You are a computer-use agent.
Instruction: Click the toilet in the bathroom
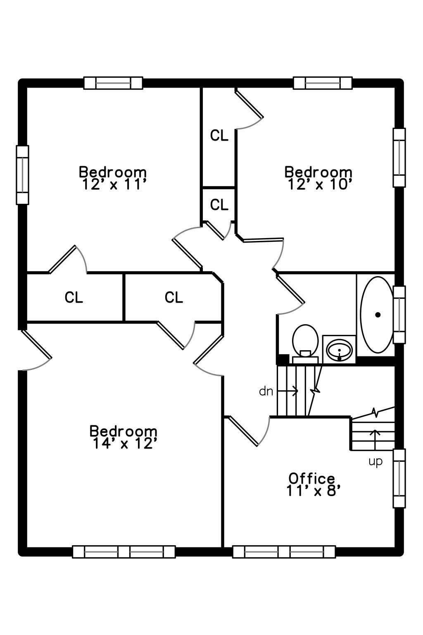click(305, 344)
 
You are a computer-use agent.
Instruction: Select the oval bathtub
click(377, 315)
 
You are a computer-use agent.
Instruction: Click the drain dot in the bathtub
click(378, 315)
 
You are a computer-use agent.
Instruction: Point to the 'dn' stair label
click(266, 392)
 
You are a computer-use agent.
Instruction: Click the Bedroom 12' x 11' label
click(113, 178)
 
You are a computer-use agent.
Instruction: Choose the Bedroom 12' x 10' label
click(318, 178)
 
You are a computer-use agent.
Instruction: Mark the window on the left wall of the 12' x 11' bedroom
click(22, 175)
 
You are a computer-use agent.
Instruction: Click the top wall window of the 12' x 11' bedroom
click(113, 83)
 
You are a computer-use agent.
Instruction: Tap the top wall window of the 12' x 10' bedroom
click(323, 83)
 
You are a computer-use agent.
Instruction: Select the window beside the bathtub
click(399, 315)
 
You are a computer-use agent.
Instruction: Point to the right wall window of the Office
click(399, 478)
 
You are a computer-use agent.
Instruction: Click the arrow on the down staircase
click(288, 391)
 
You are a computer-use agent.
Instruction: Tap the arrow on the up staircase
click(375, 440)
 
